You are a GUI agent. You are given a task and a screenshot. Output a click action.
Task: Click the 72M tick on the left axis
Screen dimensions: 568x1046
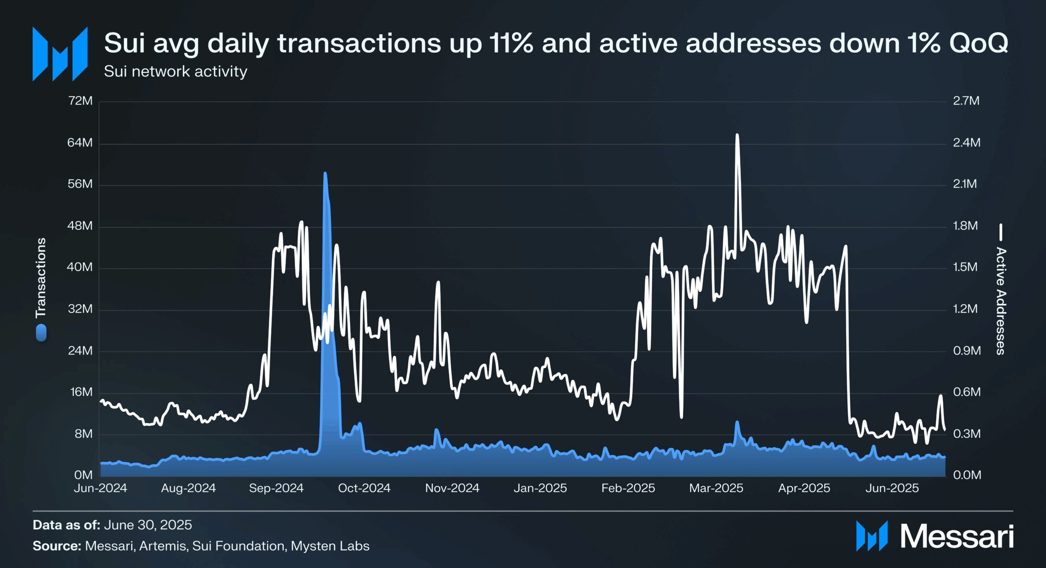coord(80,101)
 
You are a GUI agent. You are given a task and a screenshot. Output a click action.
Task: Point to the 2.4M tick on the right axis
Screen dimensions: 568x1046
coord(966,142)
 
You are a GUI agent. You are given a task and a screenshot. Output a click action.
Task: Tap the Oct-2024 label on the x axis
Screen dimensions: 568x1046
coord(364,488)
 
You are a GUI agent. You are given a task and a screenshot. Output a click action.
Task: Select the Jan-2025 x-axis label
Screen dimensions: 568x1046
coord(540,488)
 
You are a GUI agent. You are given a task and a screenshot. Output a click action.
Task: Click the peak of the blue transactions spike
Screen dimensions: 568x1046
coord(325,174)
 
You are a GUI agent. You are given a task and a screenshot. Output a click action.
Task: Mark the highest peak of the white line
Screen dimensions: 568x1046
coord(737,135)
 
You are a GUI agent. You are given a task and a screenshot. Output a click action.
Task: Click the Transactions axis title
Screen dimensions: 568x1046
coord(41,278)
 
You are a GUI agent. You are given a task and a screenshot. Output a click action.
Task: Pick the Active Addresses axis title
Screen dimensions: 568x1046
coord(1001,301)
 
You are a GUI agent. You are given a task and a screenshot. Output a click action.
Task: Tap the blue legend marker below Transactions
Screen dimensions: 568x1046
coord(41,333)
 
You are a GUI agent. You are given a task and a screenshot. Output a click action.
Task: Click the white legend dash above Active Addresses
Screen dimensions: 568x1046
coord(1001,232)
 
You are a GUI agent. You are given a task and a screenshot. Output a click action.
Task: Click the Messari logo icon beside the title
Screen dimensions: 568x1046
coord(60,54)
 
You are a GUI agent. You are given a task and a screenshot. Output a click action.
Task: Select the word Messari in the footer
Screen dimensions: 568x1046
coord(957,537)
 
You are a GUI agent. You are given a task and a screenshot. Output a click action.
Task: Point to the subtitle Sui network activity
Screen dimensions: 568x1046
coord(175,72)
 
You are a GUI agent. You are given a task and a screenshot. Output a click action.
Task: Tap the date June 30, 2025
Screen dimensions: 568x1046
coord(148,525)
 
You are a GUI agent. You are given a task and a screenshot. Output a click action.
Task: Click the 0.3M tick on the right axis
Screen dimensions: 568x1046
coord(966,433)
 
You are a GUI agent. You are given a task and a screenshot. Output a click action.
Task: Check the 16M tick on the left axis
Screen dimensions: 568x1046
coord(81,392)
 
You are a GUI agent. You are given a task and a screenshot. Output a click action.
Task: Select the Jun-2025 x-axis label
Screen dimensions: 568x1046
coord(892,488)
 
